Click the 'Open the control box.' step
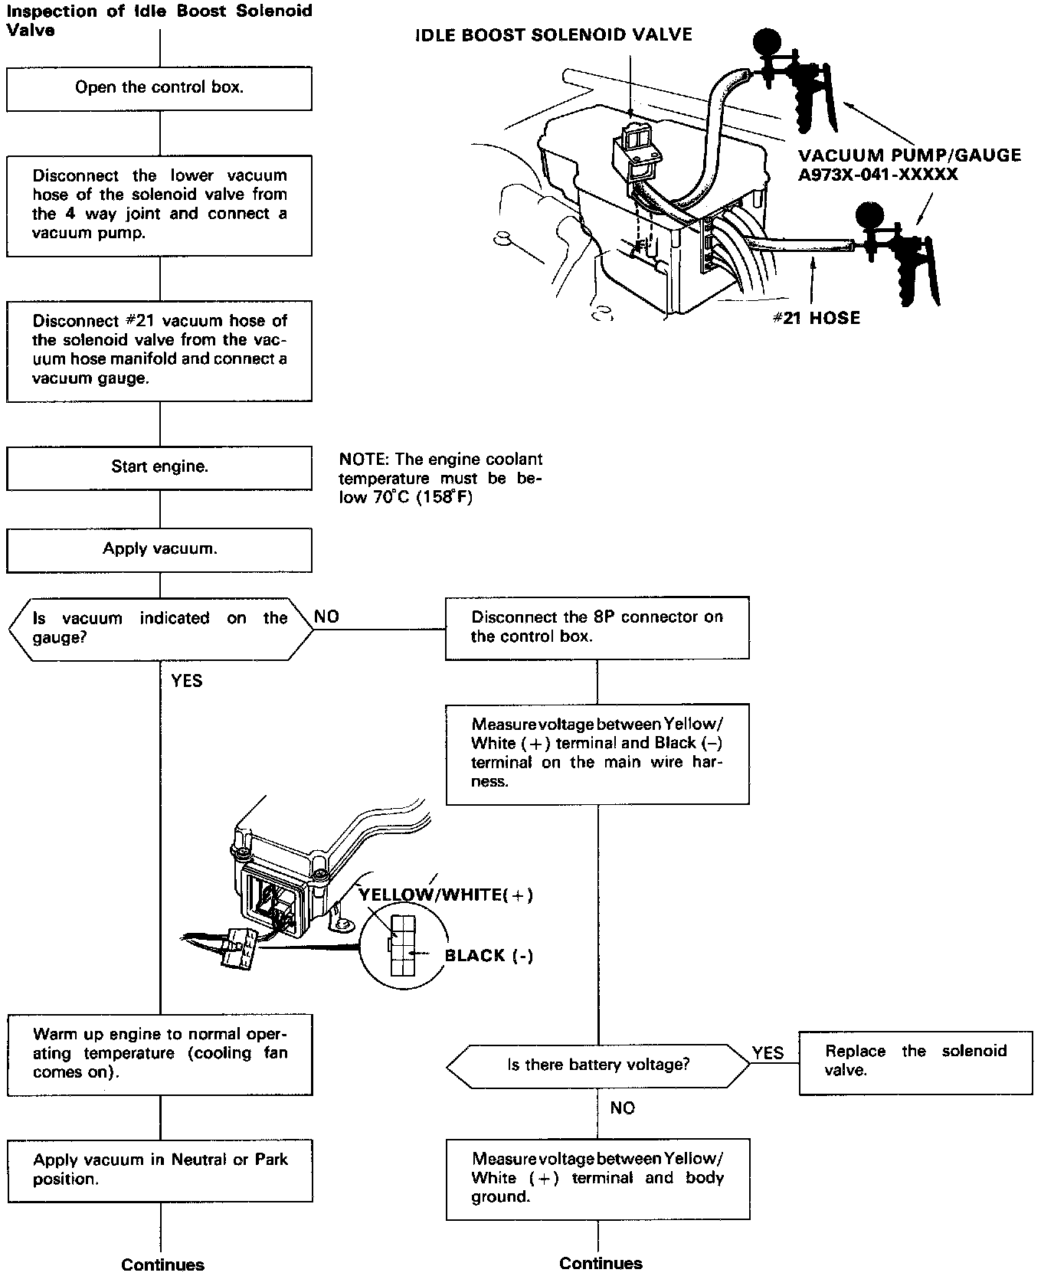(x=159, y=88)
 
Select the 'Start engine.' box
(x=159, y=467)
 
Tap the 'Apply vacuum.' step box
(x=159, y=549)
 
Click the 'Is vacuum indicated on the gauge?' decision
(x=159, y=628)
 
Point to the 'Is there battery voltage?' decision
(x=598, y=1065)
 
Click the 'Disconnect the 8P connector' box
(x=597, y=627)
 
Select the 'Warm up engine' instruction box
(x=160, y=1054)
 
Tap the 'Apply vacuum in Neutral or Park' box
(x=160, y=1170)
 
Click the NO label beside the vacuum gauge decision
(x=327, y=617)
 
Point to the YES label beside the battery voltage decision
(x=768, y=1053)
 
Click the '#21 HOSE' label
(x=816, y=318)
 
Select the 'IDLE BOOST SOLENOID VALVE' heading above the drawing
(x=553, y=35)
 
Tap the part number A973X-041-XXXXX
(x=878, y=175)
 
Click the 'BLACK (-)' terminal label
(x=489, y=956)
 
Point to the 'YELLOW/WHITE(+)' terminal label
(x=447, y=895)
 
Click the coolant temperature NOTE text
(x=440, y=479)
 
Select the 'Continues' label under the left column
(x=162, y=1265)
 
